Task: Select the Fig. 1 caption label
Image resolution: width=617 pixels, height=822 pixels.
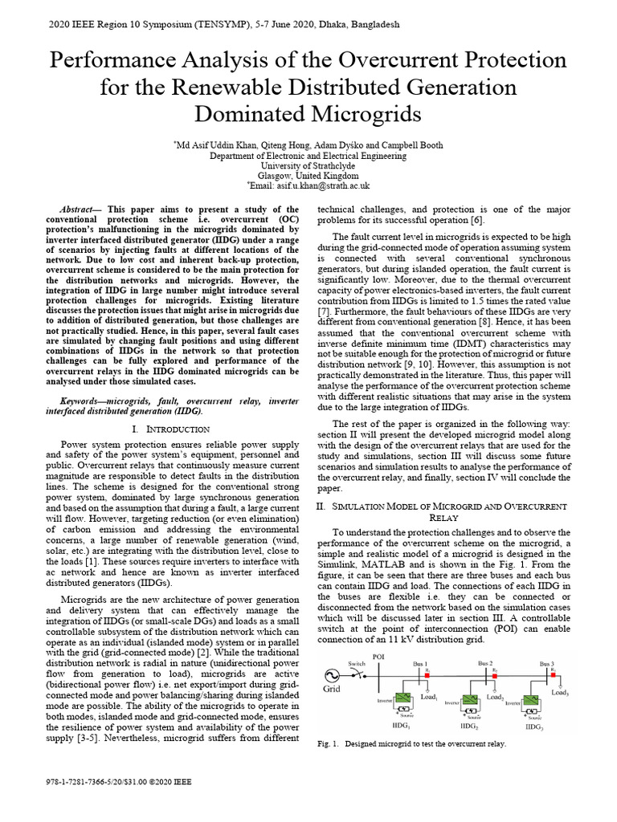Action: pyautogui.click(x=329, y=744)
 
